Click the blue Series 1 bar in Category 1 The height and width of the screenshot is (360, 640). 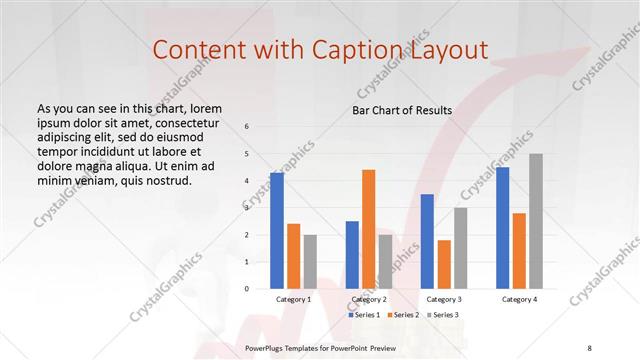pyautogui.click(x=277, y=231)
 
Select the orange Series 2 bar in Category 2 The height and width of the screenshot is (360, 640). pyautogui.click(x=368, y=229)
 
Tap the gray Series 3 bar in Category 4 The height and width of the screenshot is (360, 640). pyautogui.click(x=536, y=221)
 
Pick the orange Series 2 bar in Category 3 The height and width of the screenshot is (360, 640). pyautogui.click(x=444, y=264)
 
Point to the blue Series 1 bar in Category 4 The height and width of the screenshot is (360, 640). pyautogui.click(x=502, y=228)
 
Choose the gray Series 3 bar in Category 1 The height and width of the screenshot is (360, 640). pyautogui.click(x=310, y=262)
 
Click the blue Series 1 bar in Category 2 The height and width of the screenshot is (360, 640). pyautogui.click(x=352, y=255)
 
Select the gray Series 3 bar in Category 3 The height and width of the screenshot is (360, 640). pyautogui.click(x=460, y=248)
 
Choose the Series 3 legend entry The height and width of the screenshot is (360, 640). pyautogui.click(x=446, y=315)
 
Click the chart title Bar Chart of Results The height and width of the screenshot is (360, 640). pyautogui.click(x=402, y=110)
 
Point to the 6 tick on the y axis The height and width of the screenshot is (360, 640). pyautogui.click(x=248, y=127)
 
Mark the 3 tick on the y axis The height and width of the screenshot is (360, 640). pyautogui.click(x=248, y=208)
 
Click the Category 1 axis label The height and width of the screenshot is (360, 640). pyautogui.click(x=294, y=299)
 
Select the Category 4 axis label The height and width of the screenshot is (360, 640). pyautogui.click(x=519, y=299)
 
